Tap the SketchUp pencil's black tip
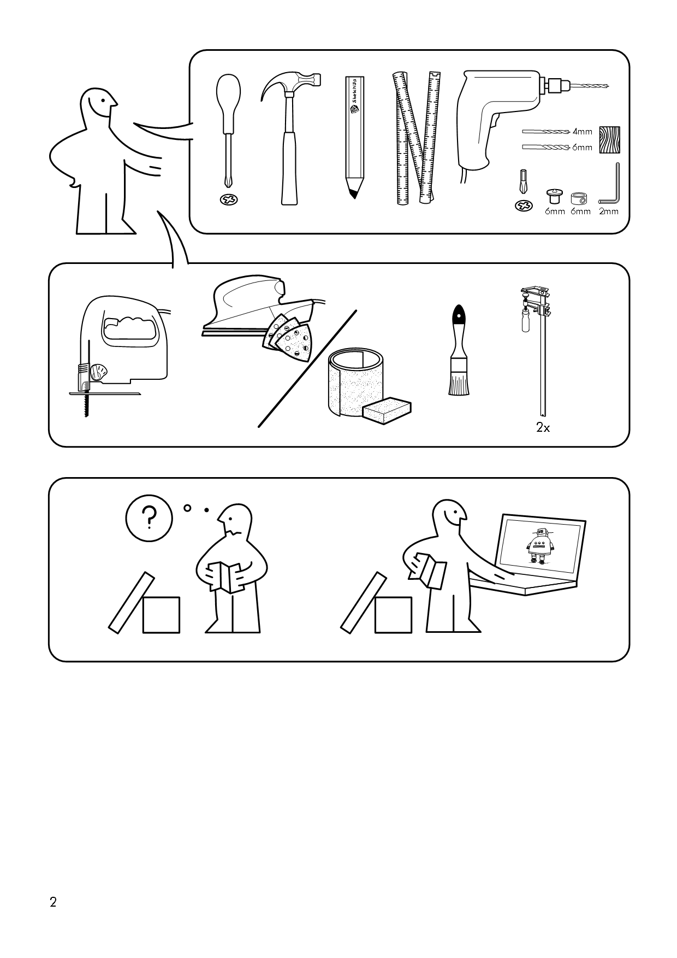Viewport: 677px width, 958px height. coord(354,192)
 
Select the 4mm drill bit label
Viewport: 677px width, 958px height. coord(582,132)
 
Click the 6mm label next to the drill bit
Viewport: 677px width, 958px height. coord(582,147)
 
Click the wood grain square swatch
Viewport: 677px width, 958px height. coord(609,139)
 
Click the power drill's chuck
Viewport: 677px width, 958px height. coord(555,85)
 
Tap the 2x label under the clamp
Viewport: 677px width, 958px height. coord(543,428)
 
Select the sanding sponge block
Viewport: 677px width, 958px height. coord(387,411)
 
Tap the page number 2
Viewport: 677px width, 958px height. coord(53,902)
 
